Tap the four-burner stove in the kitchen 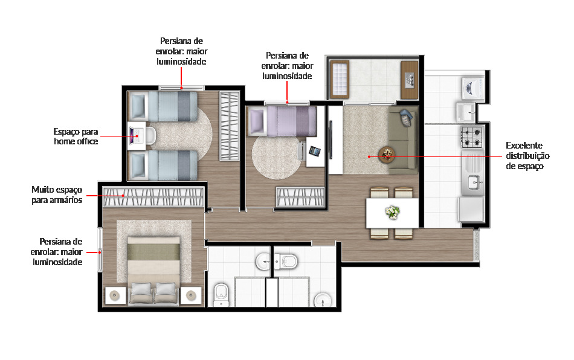tap(471, 138)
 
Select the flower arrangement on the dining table tap(393, 212)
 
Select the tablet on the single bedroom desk tap(315, 150)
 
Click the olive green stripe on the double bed tap(153, 249)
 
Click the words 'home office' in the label tap(76, 141)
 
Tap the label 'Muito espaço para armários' tap(57, 194)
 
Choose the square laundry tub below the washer tap(466, 112)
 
